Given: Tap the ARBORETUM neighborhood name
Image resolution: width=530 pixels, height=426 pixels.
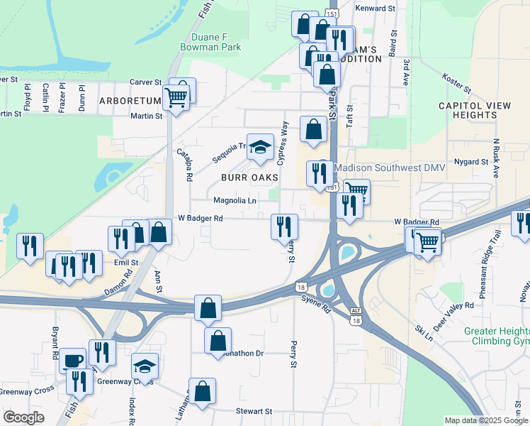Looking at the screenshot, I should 130,101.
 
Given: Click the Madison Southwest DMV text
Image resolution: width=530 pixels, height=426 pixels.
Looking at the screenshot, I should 380,168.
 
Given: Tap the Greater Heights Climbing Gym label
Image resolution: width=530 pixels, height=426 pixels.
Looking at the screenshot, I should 497,337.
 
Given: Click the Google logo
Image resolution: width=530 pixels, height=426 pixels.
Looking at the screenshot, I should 23,417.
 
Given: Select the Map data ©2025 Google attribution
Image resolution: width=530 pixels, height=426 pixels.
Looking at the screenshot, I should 486,420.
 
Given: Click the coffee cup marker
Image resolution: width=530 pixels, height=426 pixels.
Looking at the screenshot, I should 72,360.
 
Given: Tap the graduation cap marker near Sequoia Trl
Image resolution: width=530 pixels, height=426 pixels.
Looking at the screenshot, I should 260,146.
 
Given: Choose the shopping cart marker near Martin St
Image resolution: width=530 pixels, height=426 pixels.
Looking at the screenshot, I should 176,97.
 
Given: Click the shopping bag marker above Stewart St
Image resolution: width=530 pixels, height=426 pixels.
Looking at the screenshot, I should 202,390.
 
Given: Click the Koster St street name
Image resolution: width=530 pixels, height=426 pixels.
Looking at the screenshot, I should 456,83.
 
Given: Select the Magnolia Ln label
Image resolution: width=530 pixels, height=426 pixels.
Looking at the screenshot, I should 235,201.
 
